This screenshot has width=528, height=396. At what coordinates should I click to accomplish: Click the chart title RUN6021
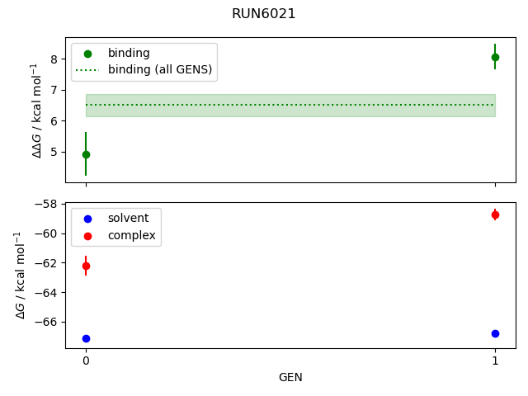263,14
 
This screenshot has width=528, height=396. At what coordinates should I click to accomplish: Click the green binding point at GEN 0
86,154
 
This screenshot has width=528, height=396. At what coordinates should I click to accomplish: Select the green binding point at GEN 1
495,57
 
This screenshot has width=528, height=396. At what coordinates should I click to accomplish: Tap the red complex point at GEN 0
86,266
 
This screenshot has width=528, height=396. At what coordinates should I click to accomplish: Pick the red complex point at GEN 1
495,214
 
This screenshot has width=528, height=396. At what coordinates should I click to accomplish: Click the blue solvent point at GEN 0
86,338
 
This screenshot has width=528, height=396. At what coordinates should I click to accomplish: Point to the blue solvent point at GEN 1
495,333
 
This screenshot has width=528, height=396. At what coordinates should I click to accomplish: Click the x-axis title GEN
290,377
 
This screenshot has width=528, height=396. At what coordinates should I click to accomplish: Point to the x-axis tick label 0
86,361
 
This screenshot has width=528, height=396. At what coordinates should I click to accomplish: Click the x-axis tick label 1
495,361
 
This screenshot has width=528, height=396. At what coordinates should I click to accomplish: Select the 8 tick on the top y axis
53,59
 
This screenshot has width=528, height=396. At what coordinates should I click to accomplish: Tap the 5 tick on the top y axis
53,152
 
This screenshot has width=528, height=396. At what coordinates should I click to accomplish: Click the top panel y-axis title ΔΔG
35,110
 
